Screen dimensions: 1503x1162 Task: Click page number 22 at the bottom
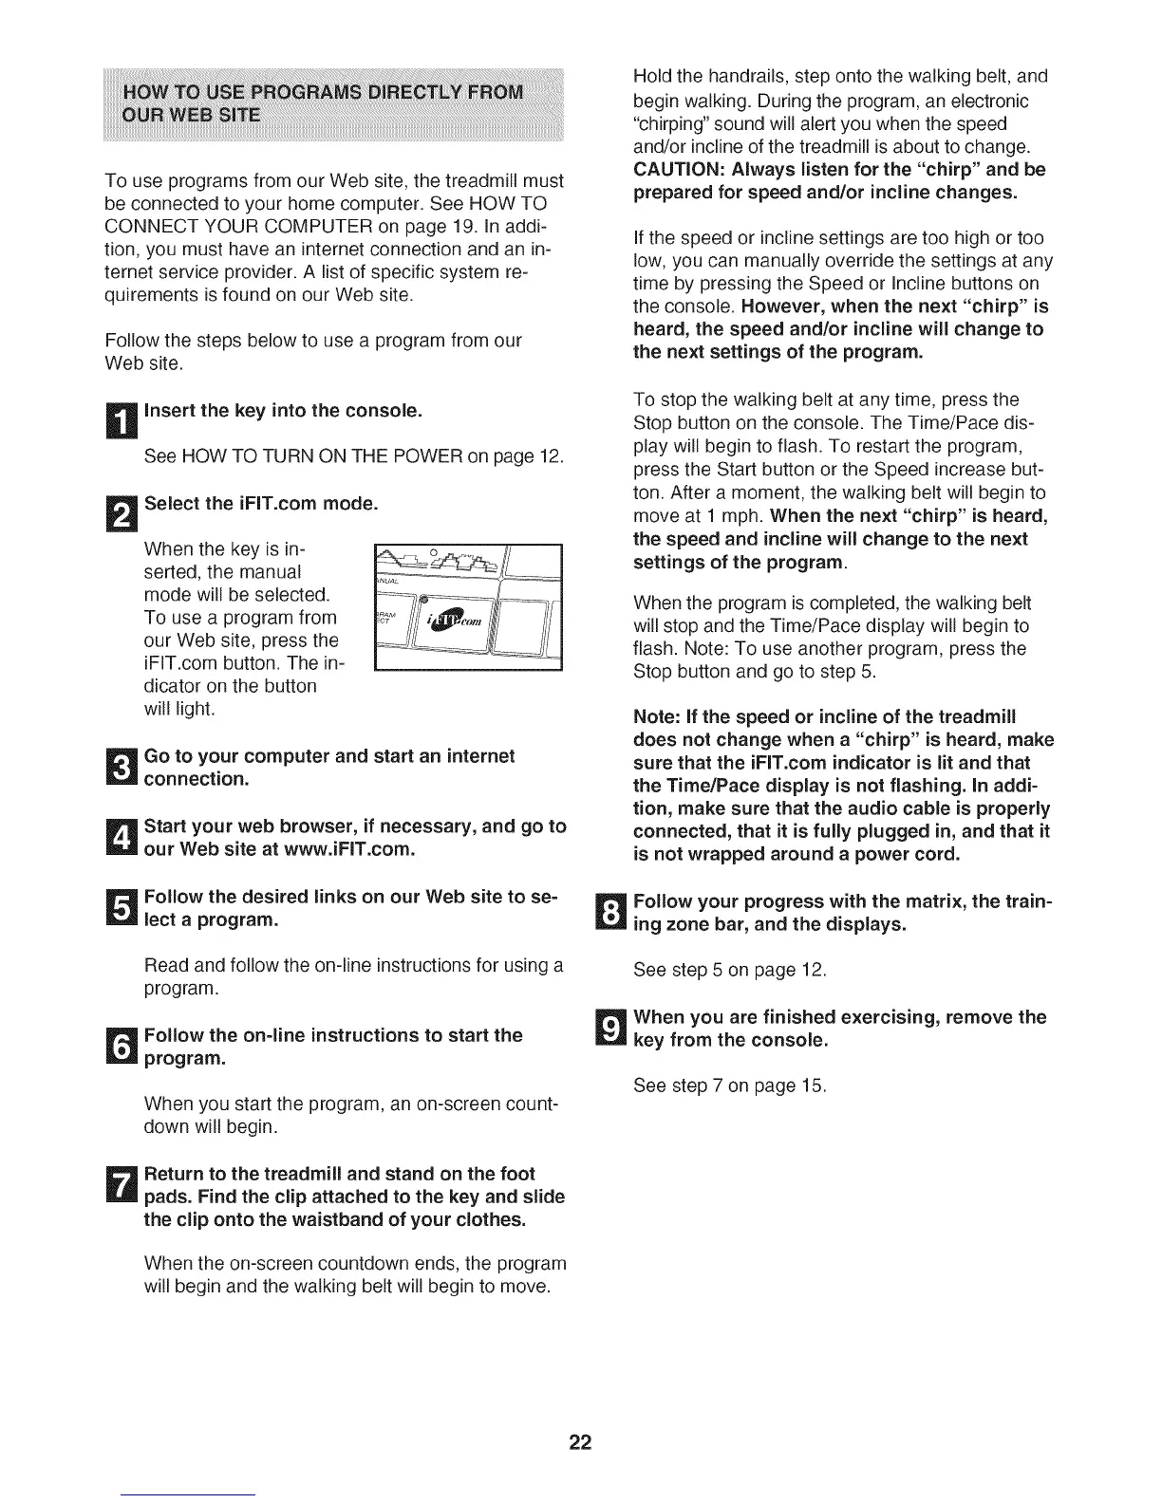coord(580,1443)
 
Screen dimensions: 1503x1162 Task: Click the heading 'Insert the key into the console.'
coord(282,411)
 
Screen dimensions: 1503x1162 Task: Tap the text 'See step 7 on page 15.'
coord(730,1085)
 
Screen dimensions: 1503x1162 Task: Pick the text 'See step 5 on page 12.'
coord(730,970)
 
